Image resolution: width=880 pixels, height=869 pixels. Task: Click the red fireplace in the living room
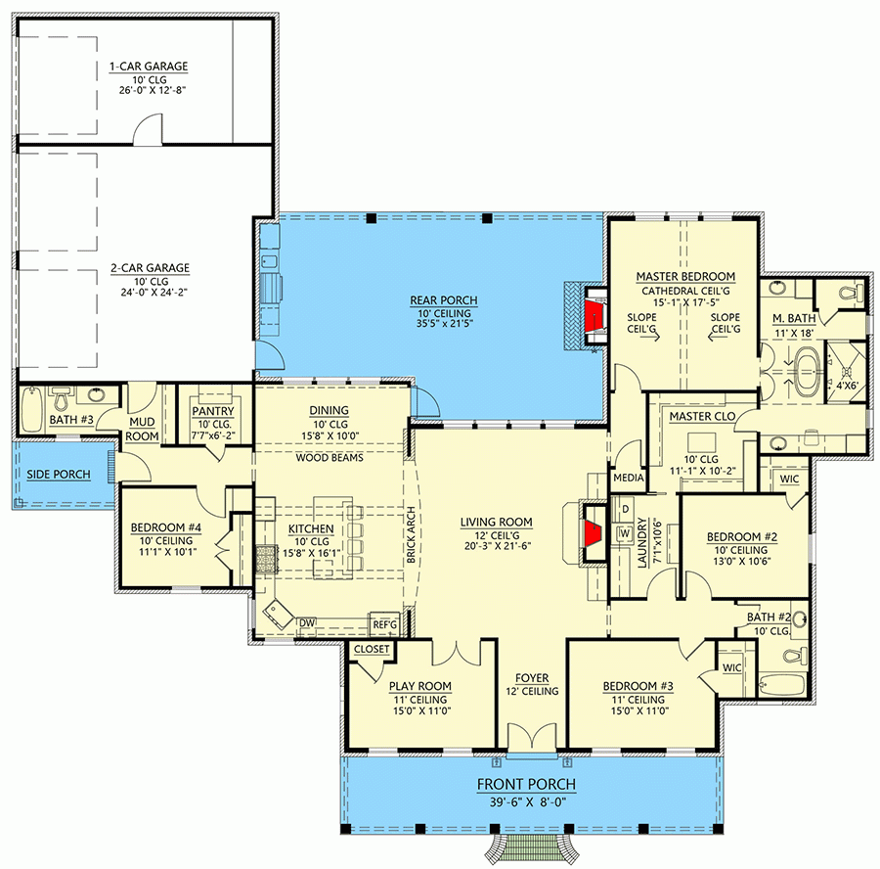tap(592, 534)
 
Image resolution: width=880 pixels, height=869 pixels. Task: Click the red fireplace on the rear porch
tap(593, 316)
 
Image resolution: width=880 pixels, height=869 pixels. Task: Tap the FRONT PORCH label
tap(525, 784)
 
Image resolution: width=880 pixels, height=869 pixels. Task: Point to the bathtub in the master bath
tap(806, 377)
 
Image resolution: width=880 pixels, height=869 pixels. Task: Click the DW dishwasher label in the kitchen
tap(306, 622)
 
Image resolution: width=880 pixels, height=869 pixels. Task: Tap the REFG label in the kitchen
tap(383, 622)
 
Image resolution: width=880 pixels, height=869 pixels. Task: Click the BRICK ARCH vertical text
tap(414, 537)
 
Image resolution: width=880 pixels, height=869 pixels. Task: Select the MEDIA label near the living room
tap(627, 480)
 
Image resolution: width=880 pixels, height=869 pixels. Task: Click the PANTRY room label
tap(210, 411)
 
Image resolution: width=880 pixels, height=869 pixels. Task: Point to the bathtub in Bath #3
tap(31, 405)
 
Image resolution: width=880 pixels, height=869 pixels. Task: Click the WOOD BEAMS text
tap(330, 457)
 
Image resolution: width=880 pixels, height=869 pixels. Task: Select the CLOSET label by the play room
tap(372, 649)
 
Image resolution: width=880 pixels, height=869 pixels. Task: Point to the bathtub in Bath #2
tap(779, 684)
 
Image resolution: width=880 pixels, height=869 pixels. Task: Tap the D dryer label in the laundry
tap(625, 510)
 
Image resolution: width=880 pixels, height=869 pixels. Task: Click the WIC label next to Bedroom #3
tap(732, 666)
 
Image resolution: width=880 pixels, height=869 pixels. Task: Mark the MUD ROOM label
tap(143, 429)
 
